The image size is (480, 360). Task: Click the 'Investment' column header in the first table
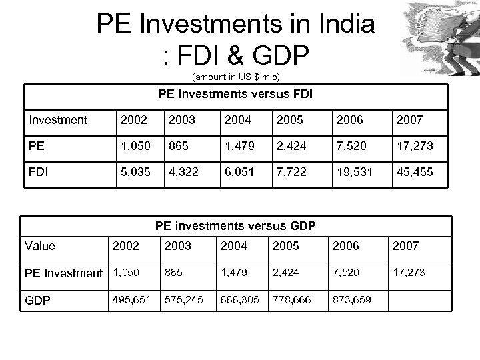pyautogui.click(x=58, y=120)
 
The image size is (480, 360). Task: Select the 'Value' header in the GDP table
pyautogui.click(x=39, y=245)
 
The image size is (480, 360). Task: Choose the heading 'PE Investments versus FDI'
pyautogui.click(x=235, y=95)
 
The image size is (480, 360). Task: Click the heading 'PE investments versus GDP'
pyautogui.click(x=235, y=227)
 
